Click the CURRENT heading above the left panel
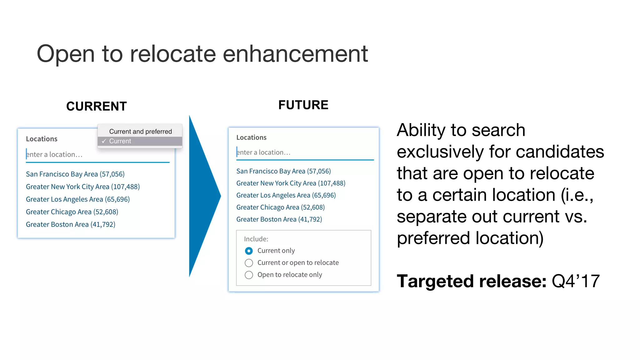96,106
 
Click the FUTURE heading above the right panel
303,105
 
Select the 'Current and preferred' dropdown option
140,131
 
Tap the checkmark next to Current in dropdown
104,141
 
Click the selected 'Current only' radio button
249,251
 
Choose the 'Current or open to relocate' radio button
249,263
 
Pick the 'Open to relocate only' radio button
249,275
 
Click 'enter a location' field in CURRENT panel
94,154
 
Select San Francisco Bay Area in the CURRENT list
75,174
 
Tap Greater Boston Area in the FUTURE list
279,219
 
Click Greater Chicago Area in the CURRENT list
72,212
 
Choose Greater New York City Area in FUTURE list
291,183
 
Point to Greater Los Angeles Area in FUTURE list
286,195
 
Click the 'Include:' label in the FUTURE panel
256,239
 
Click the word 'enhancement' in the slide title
295,54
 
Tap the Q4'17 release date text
575,281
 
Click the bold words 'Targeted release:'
471,281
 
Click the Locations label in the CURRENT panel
42,139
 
